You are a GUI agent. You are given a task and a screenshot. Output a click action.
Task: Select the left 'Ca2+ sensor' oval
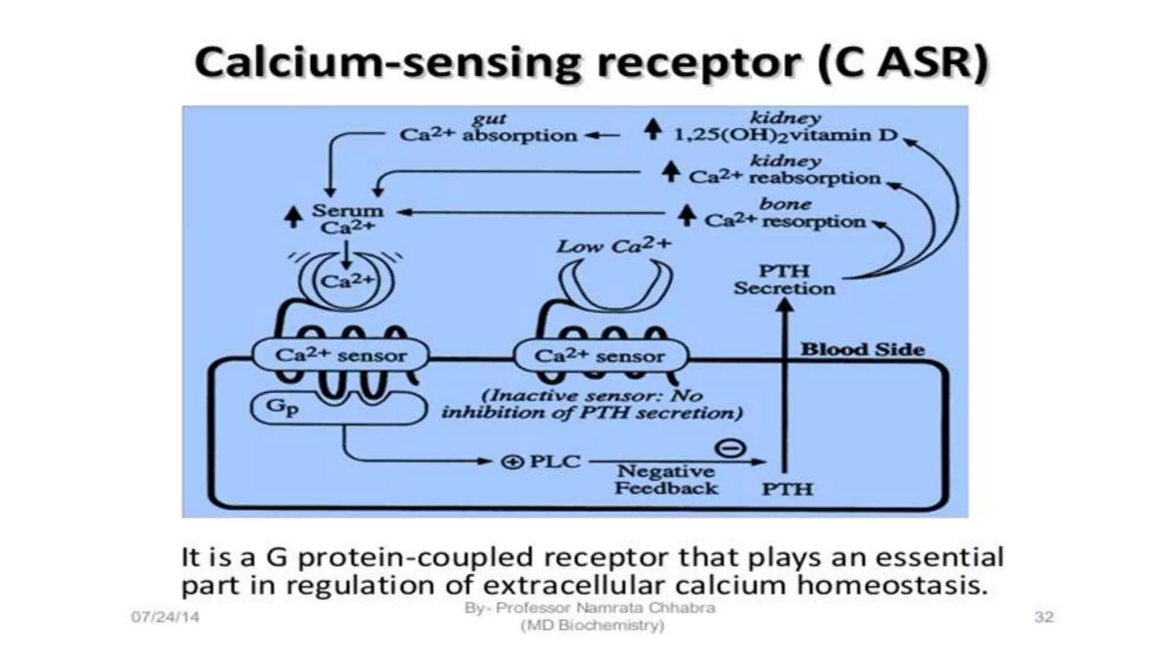(x=340, y=355)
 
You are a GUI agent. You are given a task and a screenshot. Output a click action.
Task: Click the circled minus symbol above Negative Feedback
(x=731, y=448)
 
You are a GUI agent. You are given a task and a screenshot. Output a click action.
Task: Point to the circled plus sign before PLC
(x=512, y=463)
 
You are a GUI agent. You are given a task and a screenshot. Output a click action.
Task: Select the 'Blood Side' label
(x=862, y=349)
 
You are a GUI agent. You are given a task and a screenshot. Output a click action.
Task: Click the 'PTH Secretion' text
(x=784, y=279)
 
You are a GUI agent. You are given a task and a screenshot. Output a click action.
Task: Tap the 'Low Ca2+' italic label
(x=613, y=246)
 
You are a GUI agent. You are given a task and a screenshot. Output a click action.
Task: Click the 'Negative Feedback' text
(x=666, y=480)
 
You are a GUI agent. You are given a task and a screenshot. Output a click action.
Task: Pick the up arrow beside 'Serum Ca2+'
(x=293, y=217)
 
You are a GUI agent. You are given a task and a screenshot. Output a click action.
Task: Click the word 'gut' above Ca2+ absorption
(x=489, y=118)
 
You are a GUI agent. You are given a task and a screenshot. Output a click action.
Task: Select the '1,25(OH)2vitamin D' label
(x=785, y=135)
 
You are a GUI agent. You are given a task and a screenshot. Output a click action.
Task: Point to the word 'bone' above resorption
(x=785, y=203)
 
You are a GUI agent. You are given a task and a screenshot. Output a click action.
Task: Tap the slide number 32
(x=1043, y=617)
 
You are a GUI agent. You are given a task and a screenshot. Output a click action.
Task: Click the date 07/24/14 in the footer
(x=165, y=617)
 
